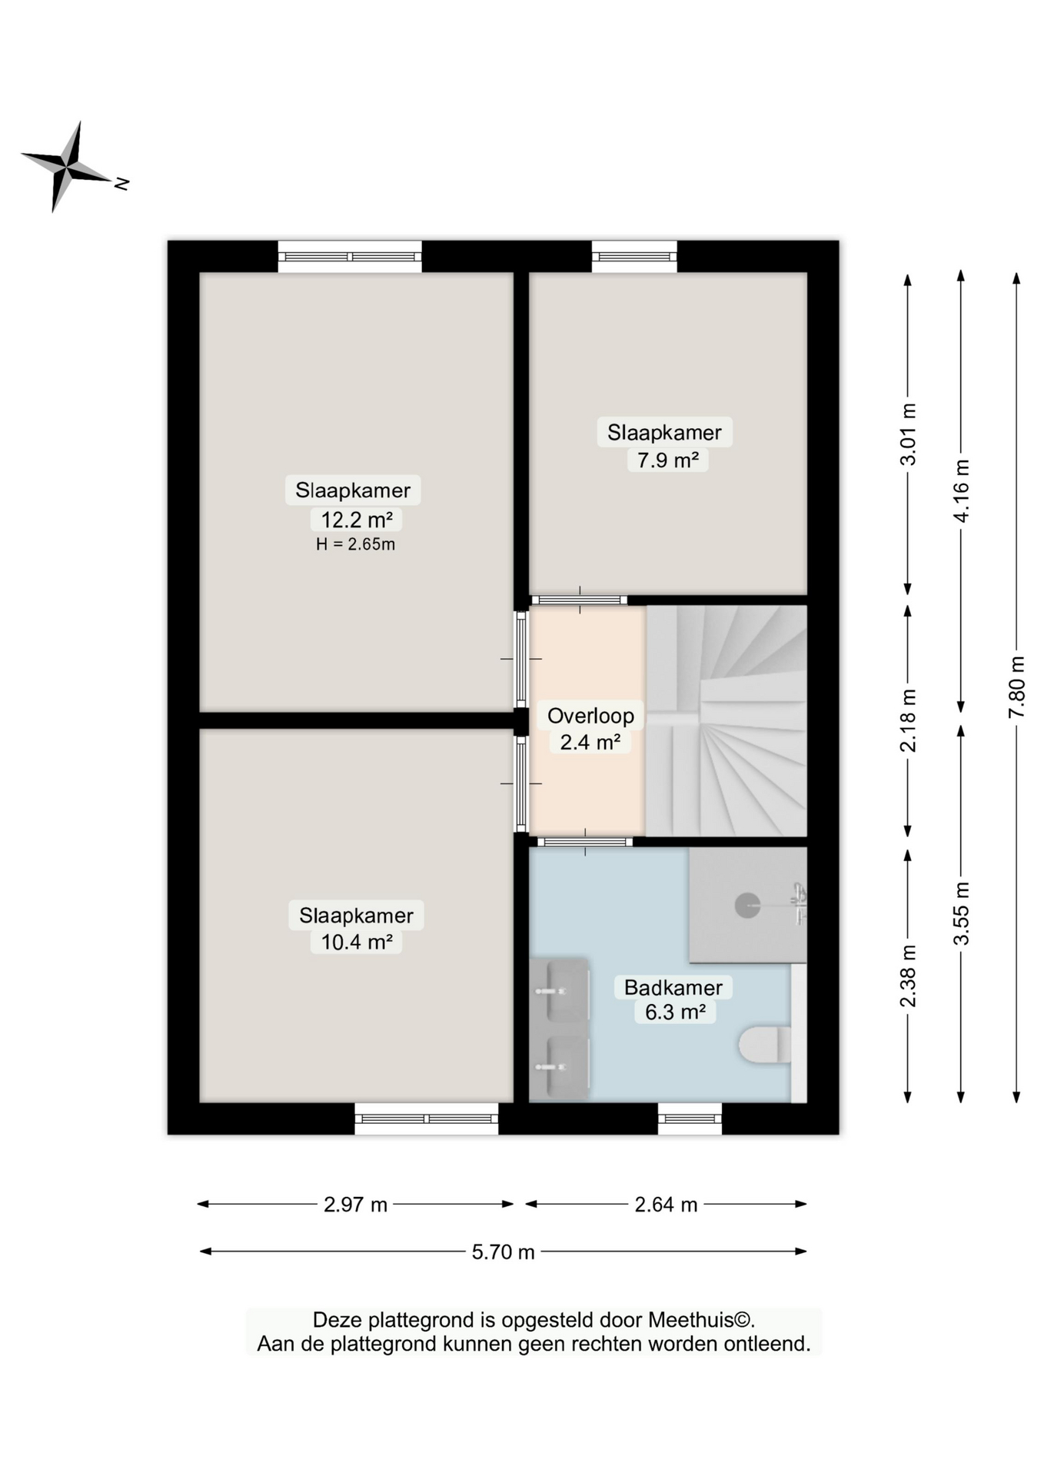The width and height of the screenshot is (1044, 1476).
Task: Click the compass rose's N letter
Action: coord(121,183)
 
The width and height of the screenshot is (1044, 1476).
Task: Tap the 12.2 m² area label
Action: coord(356,520)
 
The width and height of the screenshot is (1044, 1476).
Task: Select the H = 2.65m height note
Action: coord(355,544)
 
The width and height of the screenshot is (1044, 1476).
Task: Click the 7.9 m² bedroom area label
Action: coord(667,460)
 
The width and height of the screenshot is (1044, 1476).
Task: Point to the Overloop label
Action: coord(590,716)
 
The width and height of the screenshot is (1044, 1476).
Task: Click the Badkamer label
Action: coord(673,987)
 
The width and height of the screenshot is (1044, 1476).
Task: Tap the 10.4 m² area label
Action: coord(357,942)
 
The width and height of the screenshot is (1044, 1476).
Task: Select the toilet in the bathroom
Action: coord(764,1045)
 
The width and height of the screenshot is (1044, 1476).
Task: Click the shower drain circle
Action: coord(746,905)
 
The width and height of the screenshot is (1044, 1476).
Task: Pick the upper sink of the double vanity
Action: coord(560,990)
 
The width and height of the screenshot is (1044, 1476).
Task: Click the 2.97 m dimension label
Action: coord(355,1204)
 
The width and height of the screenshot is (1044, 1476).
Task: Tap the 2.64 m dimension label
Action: coord(666,1204)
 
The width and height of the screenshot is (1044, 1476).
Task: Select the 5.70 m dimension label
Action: coord(503,1252)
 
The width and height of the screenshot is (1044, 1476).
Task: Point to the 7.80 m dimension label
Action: coord(1016,686)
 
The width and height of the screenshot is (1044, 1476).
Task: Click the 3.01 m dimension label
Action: coord(908,434)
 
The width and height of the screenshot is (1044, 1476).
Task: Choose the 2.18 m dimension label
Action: coord(908,720)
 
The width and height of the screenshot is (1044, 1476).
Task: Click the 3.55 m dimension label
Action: coord(961,913)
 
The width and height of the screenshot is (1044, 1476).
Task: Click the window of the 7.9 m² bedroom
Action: coord(634,256)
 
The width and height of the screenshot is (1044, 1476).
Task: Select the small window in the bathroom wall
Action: coord(690,1119)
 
